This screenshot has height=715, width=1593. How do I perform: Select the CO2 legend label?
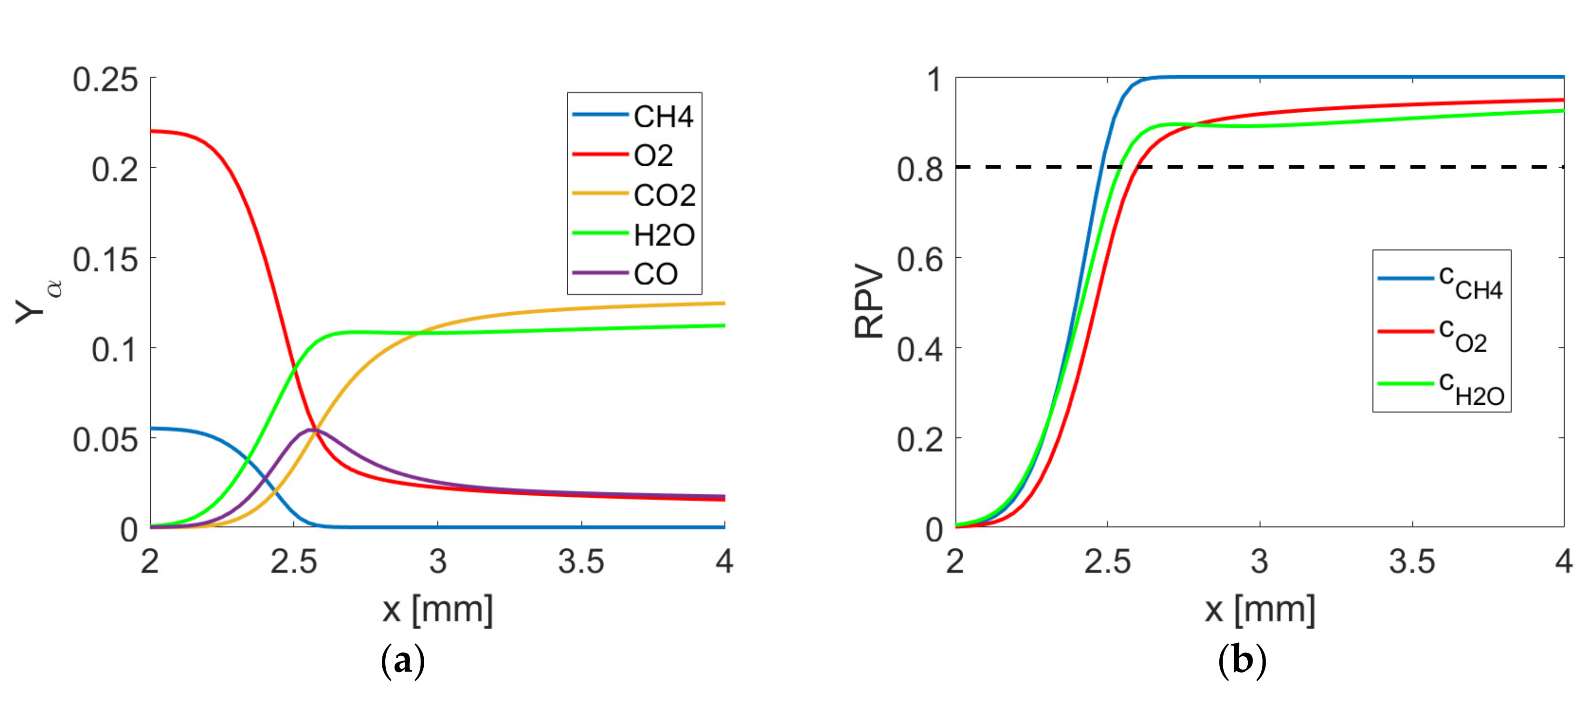tap(664, 196)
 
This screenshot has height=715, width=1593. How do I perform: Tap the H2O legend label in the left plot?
tap(664, 236)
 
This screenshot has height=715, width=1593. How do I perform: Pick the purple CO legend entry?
tap(655, 275)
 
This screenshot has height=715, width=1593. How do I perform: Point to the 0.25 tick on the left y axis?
tap(105, 80)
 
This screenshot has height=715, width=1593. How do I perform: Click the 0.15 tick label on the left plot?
tap(105, 260)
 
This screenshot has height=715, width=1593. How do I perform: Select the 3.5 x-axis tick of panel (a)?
tap(581, 562)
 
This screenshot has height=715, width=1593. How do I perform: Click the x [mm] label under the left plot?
tap(438, 610)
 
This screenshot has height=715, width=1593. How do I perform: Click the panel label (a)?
tap(403, 661)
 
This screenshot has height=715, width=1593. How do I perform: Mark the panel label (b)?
tap(1242, 661)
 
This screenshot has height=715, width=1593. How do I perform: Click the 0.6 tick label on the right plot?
tap(920, 260)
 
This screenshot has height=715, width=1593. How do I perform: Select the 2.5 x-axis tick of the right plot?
tap(1107, 562)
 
